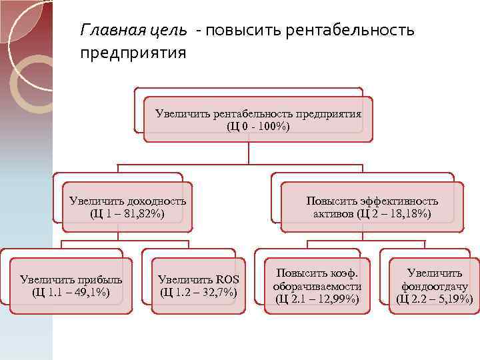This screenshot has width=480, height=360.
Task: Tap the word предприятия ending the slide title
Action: click(x=133, y=51)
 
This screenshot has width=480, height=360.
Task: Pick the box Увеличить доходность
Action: click(x=127, y=207)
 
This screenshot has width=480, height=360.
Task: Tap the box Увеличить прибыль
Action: click(x=66, y=285)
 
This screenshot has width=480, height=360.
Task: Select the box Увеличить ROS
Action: click(x=198, y=285)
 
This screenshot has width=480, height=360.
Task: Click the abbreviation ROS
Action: click(x=227, y=279)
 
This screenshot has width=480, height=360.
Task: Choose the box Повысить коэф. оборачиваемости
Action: click(x=317, y=286)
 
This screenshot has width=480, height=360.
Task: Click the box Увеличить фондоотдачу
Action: click(x=434, y=286)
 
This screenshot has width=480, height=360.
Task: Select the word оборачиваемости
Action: click(x=317, y=286)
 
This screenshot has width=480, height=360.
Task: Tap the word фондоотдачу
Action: click(x=435, y=286)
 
